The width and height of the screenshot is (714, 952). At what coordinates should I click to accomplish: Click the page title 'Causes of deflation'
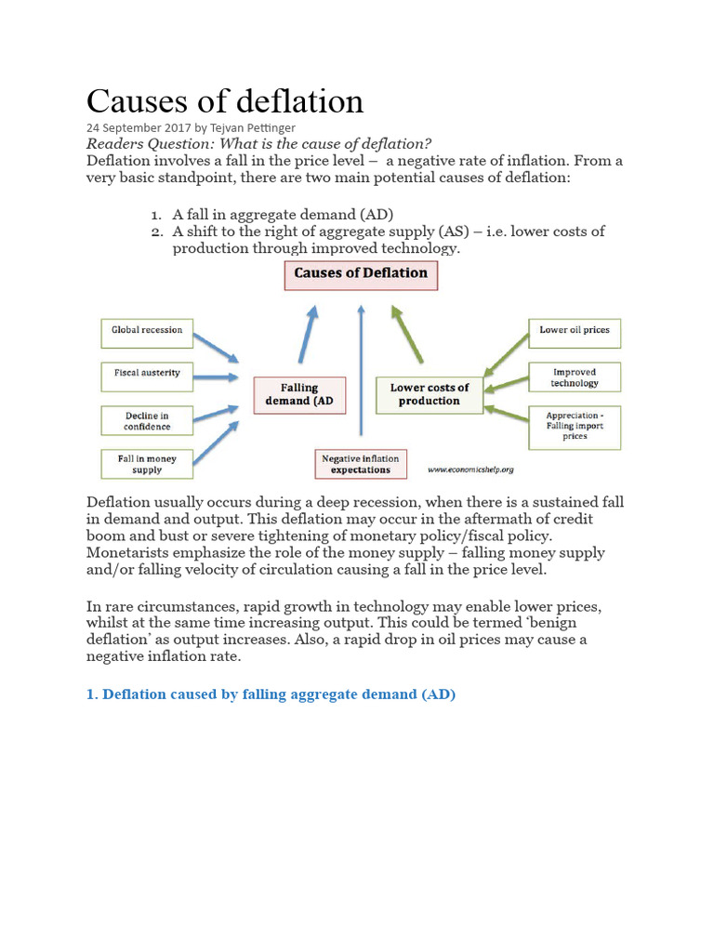225,101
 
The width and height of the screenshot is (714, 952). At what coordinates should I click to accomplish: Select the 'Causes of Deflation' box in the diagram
360,274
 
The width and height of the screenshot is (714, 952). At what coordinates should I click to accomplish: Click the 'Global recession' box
147,330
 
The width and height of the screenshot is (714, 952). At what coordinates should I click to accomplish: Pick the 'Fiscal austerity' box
147,374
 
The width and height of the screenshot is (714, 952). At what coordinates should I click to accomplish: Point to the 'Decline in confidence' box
147,420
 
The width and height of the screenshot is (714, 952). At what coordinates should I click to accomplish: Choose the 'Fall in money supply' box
147,463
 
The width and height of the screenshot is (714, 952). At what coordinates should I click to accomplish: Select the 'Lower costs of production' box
430,394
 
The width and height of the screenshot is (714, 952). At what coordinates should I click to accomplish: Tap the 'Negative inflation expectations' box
361,463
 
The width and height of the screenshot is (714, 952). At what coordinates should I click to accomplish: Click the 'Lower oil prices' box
575,331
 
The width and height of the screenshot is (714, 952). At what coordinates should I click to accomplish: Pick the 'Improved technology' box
575,377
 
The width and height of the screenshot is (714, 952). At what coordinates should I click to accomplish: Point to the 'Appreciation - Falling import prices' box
575,426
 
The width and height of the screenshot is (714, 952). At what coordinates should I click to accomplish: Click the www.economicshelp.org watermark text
471,469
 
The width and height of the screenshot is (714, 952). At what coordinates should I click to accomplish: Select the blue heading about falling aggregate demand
271,694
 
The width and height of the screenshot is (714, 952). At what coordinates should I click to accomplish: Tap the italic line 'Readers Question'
258,143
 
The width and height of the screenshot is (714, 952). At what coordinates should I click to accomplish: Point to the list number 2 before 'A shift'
156,231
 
